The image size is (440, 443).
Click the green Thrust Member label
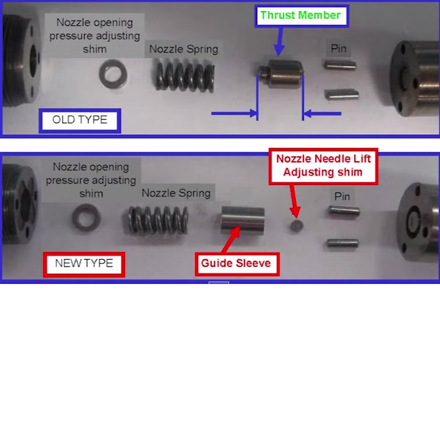point(302,16)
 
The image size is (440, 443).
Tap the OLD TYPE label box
point(80,121)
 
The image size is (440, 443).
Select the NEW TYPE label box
point(84,264)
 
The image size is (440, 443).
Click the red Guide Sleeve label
point(237,264)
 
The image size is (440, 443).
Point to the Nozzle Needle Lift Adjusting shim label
point(323,166)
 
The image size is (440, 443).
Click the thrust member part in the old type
point(281,73)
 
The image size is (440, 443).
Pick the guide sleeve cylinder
point(243,220)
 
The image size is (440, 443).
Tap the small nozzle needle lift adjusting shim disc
point(297,226)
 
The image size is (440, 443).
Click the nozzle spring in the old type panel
point(185,76)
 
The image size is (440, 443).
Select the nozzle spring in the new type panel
point(158,220)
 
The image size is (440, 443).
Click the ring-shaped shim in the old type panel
point(113,74)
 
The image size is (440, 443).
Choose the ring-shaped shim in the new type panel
point(87,218)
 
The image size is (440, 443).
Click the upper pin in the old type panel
point(340,65)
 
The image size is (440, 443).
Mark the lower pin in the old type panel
point(342,94)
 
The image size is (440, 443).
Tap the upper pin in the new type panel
point(344,211)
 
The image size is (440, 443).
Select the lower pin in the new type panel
point(342,243)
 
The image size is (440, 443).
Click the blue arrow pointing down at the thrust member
point(280,41)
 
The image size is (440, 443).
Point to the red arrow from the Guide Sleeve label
point(231,239)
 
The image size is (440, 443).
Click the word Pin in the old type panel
point(339,49)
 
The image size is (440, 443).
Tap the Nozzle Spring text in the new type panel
point(176,193)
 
